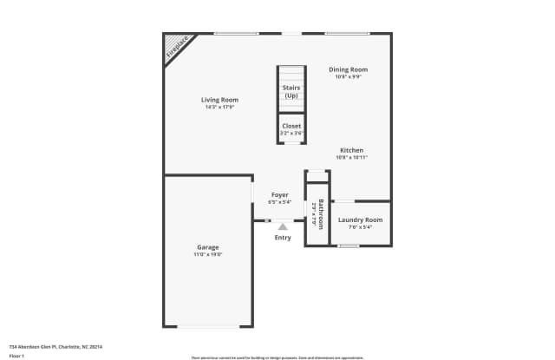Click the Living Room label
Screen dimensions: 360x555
click(x=219, y=100)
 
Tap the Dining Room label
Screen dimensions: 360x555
click(x=348, y=69)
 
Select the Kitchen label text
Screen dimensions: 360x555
click(x=351, y=150)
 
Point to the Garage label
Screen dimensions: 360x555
click(x=207, y=247)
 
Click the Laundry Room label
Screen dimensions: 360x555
click(x=360, y=220)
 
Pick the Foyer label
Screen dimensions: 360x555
click(x=279, y=195)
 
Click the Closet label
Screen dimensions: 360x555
click(x=291, y=126)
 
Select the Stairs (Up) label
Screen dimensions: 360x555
click(x=291, y=91)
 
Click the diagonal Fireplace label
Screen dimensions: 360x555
click(x=177, y=49)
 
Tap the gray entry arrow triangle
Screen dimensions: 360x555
click(x=283, y=227)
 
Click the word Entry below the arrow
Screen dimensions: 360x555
click(x=283, y=238)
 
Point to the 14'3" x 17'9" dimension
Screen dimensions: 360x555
click(x=219, y=107)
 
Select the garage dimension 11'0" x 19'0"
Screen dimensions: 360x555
click(x=207, y=255)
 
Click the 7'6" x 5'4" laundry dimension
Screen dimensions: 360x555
click(x=360, y=228)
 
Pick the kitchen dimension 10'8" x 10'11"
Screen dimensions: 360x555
click(x=351, y=158)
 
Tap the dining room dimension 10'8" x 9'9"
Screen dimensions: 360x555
click(x=348, y=76)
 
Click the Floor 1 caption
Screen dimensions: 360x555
click(x=16, y=356)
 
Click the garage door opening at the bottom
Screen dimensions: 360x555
click(x=208, y=327)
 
